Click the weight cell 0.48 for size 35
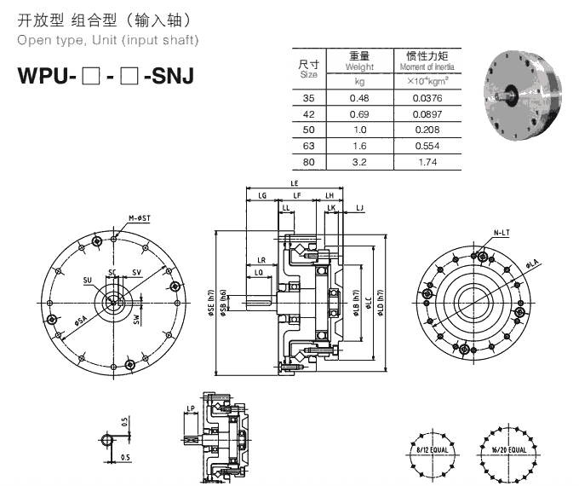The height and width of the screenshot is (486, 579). point(359,99)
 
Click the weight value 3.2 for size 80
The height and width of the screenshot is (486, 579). point(359,161)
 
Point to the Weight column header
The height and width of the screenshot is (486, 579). point(359,61)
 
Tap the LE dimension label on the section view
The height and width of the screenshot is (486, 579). point(294,183)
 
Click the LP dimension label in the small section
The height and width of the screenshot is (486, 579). point(192,411)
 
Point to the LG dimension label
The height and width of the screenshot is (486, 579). point(262,195)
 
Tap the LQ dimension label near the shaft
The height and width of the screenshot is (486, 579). point(258,271)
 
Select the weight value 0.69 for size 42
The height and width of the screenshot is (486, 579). point(359,114)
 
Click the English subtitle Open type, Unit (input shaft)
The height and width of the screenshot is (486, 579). point(108,40)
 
